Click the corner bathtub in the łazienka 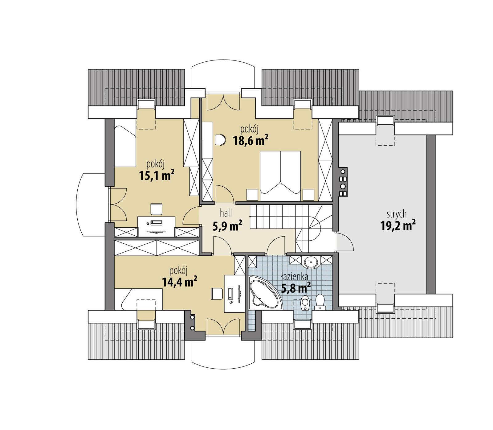pyautogui.click(x=264, y=293)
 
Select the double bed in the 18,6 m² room pyautogui.click(x=280, y=172)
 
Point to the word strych pyautogui.click(x=397, y=214)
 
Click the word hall pyautogui.click(x=226, y=213)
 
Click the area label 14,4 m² pyautogui.click(x=179, y=282)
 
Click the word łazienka pyautogui.click(x=294, y=277)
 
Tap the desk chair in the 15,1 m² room pyautogui.click(x=156, y=209)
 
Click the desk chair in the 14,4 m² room pyautogui.click(x=217, y=293)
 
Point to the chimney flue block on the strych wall pyautogui.click(x=343, y=182)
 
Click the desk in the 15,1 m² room pyautogui.click(x=157, y=226)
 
